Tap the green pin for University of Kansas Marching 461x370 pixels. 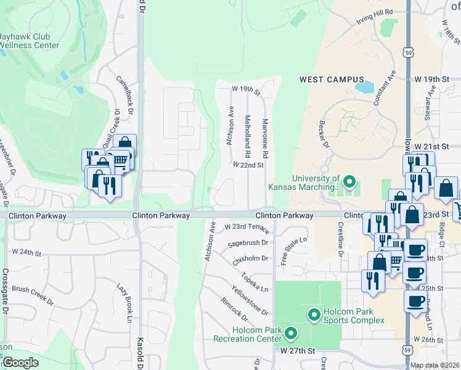[x=349, y=182]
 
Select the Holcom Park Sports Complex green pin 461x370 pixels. [x=314, y=315]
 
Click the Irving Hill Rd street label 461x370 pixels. [x=374, y=17]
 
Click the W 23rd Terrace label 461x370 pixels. [x=247, y=228]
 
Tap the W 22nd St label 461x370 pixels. [x=248, y=165]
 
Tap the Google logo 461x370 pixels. [x=20, y=363]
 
